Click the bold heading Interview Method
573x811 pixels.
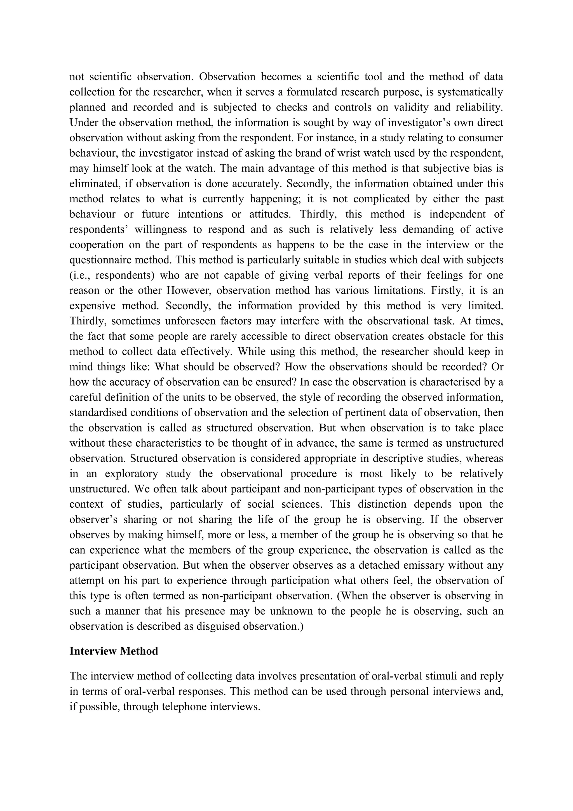tap(114, 651)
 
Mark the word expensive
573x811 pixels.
tap(91, 306)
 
